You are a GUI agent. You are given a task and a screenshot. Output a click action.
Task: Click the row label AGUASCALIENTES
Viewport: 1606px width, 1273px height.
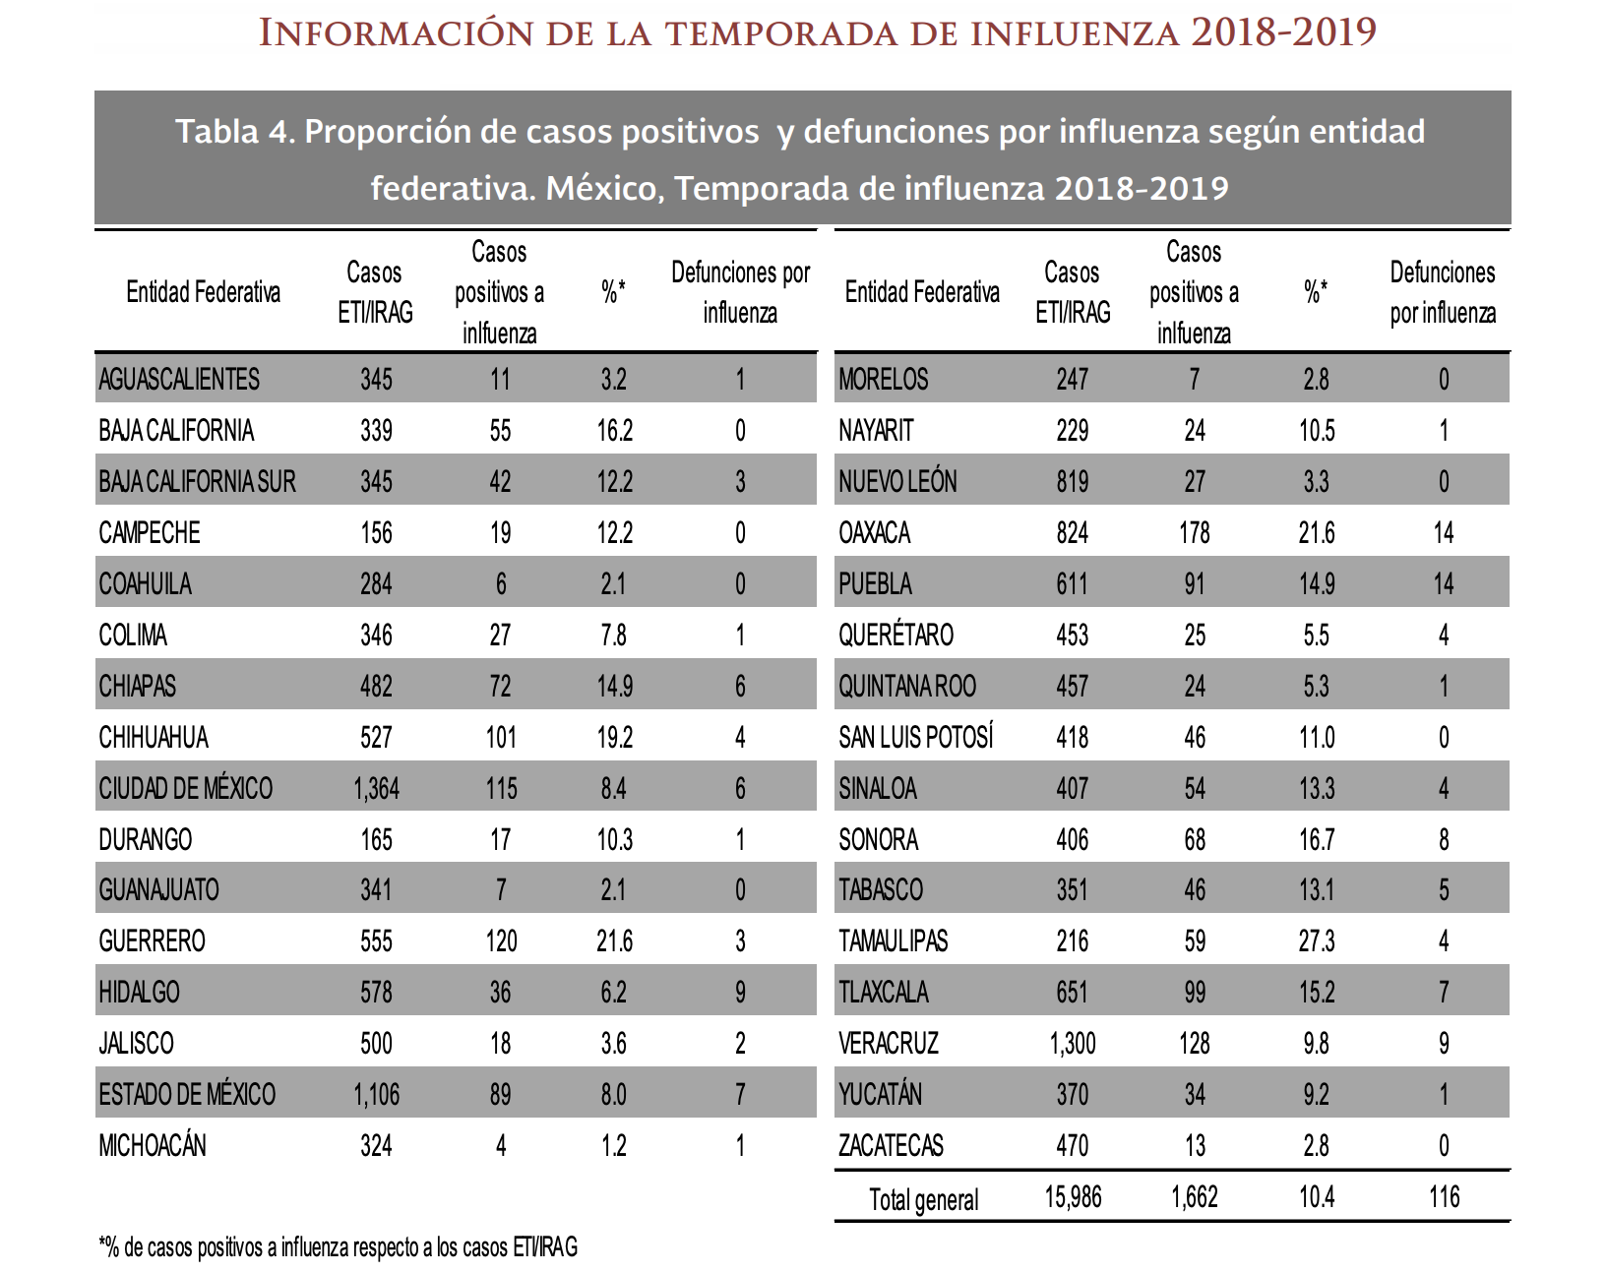click(179, 380)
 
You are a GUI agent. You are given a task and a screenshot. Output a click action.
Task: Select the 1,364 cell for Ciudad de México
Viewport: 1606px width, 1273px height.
click(376, 789)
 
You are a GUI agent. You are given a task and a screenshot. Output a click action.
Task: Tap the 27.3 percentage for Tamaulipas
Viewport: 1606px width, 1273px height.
click(1316, 941)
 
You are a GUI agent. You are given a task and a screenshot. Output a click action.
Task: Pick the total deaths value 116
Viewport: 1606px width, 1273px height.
click(1443, 1197)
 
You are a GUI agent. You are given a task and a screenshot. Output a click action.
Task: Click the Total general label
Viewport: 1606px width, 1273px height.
click(923, 1200)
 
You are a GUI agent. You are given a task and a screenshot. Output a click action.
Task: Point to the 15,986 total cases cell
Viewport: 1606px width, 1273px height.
click(1072, 1197)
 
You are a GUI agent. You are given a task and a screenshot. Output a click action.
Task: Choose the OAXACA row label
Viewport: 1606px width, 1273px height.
click(874, 533)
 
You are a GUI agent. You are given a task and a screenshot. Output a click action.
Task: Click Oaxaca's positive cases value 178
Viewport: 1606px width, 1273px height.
click(1194, 533)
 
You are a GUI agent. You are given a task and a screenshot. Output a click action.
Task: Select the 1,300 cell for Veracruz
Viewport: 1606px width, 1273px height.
click(1072, 1044)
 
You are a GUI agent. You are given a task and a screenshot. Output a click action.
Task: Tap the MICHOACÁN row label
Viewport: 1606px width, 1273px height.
click(153, 1146)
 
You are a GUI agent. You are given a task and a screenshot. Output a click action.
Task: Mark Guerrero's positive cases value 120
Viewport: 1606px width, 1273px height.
click(500, 941)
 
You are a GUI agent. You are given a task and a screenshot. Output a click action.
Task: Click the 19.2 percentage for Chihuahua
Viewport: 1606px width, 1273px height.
click(614, 738)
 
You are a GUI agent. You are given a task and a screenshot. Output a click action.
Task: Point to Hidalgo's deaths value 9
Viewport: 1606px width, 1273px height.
click(740, 993)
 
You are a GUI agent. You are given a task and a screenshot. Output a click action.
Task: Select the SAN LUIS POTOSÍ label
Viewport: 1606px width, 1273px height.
click(915, 738)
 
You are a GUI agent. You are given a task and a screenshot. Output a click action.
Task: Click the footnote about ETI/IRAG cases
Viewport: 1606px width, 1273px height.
click(338, 1248)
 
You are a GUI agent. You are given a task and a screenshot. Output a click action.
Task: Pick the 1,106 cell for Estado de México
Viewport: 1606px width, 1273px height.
click(376, 1095)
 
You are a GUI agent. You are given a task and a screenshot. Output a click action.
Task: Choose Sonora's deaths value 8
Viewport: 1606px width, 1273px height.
click(1443, 840)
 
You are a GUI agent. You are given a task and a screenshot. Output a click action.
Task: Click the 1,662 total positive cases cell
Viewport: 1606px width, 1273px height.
click(1194, 1197)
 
